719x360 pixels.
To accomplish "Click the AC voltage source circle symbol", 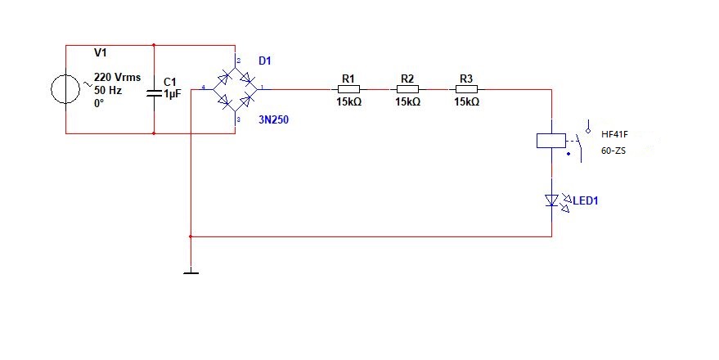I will (65, 89).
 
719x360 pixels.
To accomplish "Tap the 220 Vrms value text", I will (117, 77).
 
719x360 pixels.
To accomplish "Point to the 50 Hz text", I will (108, 90).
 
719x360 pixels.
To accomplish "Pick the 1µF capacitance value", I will (172, 95).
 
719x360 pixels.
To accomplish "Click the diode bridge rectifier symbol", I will (236, 89).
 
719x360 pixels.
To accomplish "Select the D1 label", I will (265, 61).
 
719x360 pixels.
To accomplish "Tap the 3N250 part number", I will (273, 119).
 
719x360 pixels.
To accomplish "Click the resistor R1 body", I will (349, 89).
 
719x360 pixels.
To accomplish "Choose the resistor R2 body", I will (407, 89).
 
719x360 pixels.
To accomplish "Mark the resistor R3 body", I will (466, 89).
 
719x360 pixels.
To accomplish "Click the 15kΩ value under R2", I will (407, 102).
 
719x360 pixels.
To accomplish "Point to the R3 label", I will (466, 79).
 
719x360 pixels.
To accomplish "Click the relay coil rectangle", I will (550, 141).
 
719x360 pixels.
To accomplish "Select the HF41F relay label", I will (614, 134).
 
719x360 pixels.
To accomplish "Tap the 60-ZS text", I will (613, 151).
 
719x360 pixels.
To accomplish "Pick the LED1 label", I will (586, 200).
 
